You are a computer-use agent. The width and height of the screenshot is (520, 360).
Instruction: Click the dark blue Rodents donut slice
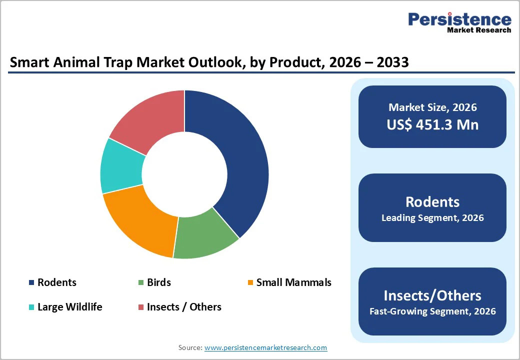click(x=235, y=160)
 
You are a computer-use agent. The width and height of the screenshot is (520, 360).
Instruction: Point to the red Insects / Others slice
click(x=150, y=120)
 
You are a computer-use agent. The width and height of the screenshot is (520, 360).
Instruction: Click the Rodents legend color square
click(x=31, y=282)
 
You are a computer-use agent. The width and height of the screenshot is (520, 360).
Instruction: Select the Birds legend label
click(x=158, y=282)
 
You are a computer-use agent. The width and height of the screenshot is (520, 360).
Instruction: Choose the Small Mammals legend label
click(x=293, y=282)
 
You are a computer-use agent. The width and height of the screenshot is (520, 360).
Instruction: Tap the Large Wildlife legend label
click(x=69, y=307)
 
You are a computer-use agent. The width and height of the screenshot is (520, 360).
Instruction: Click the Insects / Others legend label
click(x=184, y=307)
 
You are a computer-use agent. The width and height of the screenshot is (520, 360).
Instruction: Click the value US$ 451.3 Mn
click(x=432, y=124)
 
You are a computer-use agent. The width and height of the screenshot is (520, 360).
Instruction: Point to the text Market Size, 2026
click(x=432, y=107)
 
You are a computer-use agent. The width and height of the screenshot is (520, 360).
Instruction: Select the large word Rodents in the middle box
click(x=432, y=201)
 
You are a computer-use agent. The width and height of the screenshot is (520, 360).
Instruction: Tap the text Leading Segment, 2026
click(x=432, y=218)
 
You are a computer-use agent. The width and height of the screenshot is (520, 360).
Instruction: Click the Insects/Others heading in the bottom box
click(x=432, y=295)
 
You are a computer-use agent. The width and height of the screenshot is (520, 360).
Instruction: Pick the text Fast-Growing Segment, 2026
click(x=432, y=311)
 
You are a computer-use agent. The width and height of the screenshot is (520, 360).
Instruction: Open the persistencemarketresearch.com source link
click(x=265, y=347)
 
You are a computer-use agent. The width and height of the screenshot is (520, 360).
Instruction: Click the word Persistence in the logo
click(x=459, y=19)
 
